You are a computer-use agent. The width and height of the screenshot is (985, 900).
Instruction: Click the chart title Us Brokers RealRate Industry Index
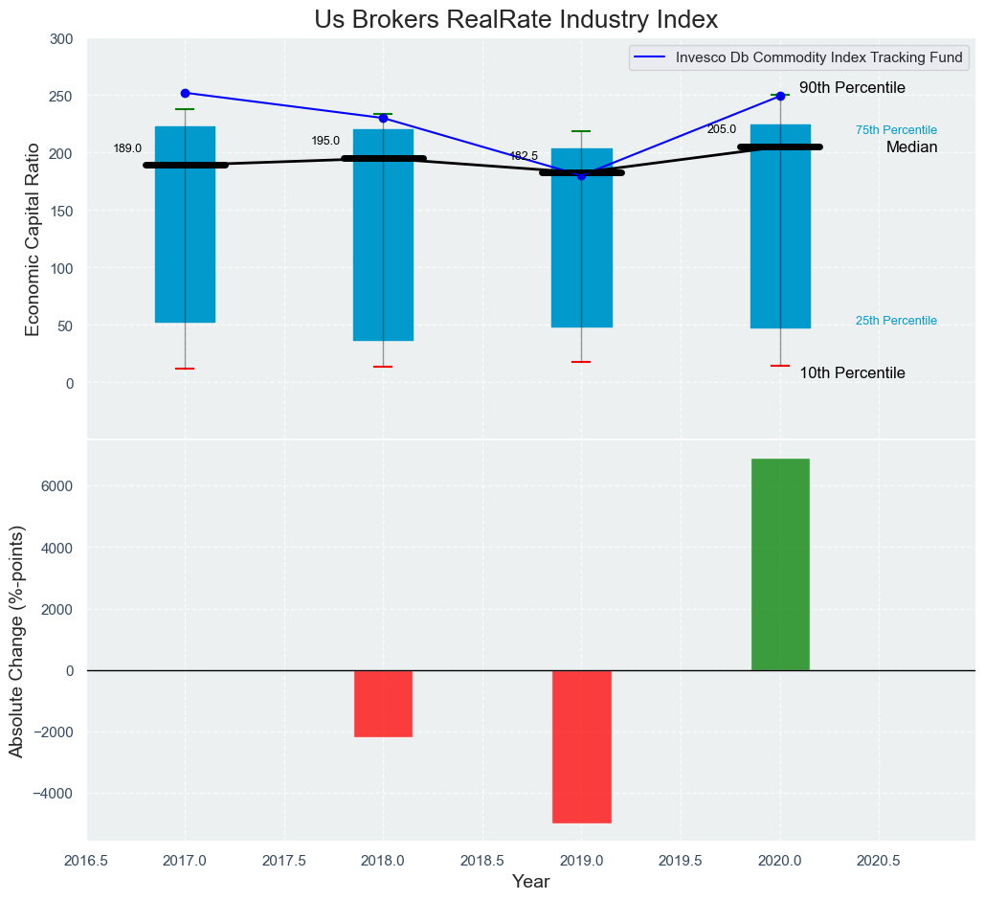coord(516,19)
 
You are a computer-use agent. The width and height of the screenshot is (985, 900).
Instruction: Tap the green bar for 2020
coord(780,564)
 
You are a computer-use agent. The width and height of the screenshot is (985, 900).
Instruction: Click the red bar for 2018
coord(383,703)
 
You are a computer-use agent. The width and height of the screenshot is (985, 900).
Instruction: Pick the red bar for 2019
coord(581,746)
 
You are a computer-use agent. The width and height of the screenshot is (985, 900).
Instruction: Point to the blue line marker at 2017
coord(185,93)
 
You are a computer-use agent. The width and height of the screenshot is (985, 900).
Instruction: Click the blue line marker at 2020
coord(780,96)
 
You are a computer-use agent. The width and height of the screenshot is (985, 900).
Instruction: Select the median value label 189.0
coord(127,148)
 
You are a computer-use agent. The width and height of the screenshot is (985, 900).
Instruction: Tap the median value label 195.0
coord(325,141)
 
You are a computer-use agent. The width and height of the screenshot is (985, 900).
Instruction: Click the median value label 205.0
coord(722,129)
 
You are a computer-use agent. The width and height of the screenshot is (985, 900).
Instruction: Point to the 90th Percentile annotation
coord(852,88)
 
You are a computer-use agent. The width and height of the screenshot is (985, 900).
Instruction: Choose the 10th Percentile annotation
coord(852,373)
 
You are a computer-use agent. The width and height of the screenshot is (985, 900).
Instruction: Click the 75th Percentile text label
coord(896,130)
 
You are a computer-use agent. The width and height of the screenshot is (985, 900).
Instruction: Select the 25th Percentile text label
coord(896,321)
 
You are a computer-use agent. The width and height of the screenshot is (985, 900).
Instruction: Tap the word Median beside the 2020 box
coord(911,147)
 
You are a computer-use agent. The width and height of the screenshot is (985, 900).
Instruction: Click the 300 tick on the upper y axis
coord(61,39)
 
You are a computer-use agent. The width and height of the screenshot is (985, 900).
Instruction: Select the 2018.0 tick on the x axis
coord(383,861)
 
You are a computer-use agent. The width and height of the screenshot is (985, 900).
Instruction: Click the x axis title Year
coord(530,882)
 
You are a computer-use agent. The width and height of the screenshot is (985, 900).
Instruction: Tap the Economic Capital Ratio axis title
coord(33,239)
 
